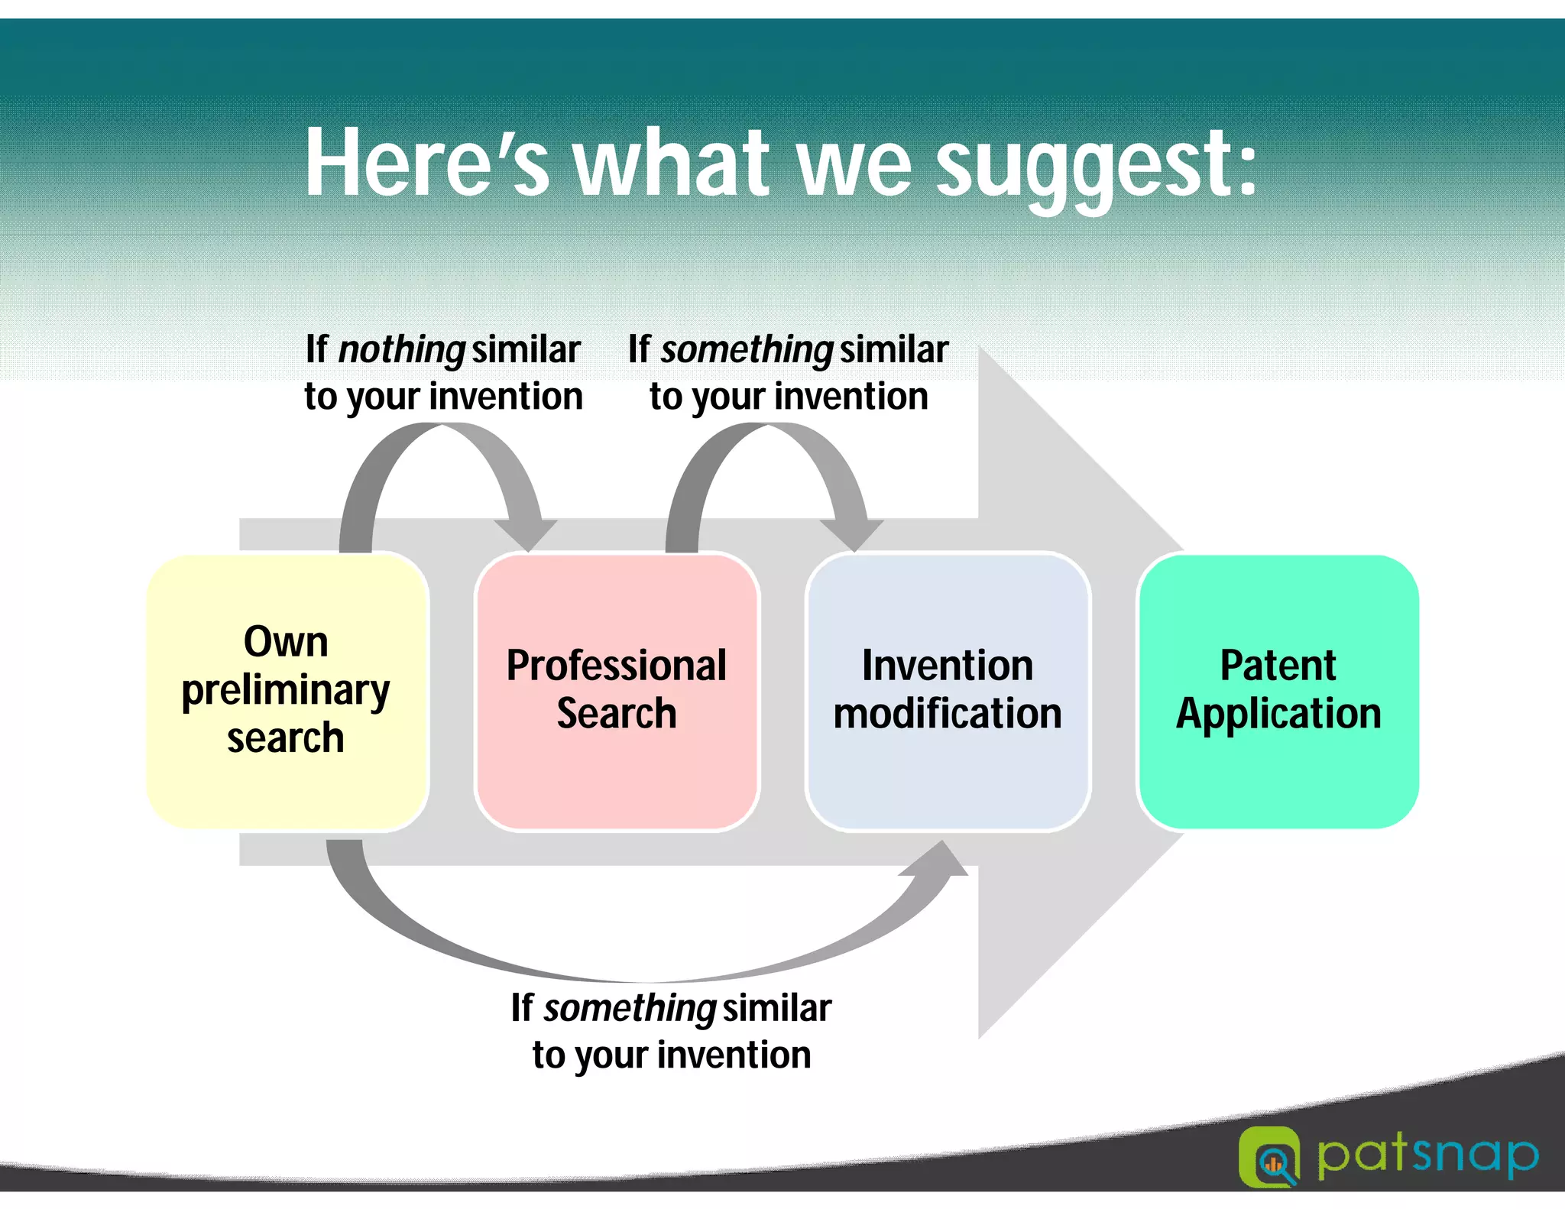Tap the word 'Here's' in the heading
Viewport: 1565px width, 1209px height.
click(426, 163)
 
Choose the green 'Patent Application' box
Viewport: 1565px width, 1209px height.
click(1278, 772)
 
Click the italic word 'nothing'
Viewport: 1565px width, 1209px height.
click(401, 350)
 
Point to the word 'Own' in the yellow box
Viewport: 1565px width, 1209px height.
click(286, 641)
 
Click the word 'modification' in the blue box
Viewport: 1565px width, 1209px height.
click(948, 714)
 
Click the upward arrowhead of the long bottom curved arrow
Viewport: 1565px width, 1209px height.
click(940, 860)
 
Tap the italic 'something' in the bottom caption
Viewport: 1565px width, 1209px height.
click(629, 1009)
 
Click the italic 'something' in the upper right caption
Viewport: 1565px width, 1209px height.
click(747, 350)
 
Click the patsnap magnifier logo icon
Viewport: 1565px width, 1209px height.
click(1269, 1157)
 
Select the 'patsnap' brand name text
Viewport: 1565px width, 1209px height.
click(1427, 1156)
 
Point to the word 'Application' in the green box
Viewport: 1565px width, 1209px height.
click(1278, 714)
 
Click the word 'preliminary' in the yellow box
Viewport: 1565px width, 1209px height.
click(286, 690)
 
